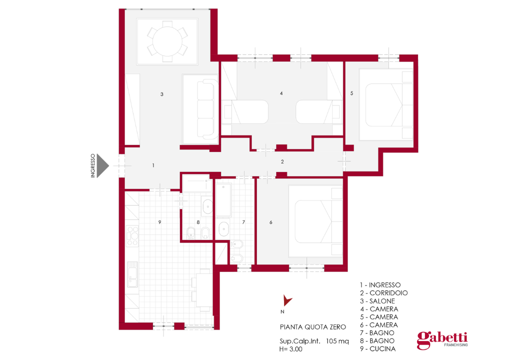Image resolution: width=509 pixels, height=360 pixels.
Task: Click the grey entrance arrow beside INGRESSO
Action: coord(102,165)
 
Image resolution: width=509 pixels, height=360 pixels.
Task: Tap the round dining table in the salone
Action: coord(167,41)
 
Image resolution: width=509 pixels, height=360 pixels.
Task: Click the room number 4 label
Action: coord(281,93)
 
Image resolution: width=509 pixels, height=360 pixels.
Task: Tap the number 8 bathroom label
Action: coord(198,222)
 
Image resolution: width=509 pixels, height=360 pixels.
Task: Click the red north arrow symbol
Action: coord(287,300)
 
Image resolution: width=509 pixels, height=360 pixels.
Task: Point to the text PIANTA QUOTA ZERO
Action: coord(312,327)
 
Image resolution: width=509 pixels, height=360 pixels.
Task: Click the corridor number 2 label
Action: coord(282,161)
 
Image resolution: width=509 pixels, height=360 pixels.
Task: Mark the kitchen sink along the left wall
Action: coord(132,275)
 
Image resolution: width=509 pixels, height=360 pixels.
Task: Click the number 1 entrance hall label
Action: coord(153,165)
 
